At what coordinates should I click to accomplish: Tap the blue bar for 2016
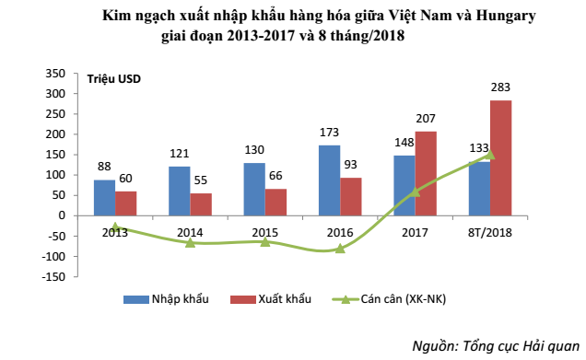tap(329, 180)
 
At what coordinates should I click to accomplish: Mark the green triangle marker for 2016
tap(340, 248)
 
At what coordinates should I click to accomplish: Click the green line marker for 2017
tap(415, 192)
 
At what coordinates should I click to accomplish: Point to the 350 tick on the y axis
tap(54, 74)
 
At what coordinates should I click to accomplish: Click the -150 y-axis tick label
tap(52, 276)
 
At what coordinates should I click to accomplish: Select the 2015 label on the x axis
tap(265, 232)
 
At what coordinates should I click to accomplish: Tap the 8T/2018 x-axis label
tap(489, 232)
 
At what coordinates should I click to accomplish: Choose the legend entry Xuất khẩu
tap(281, 299)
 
